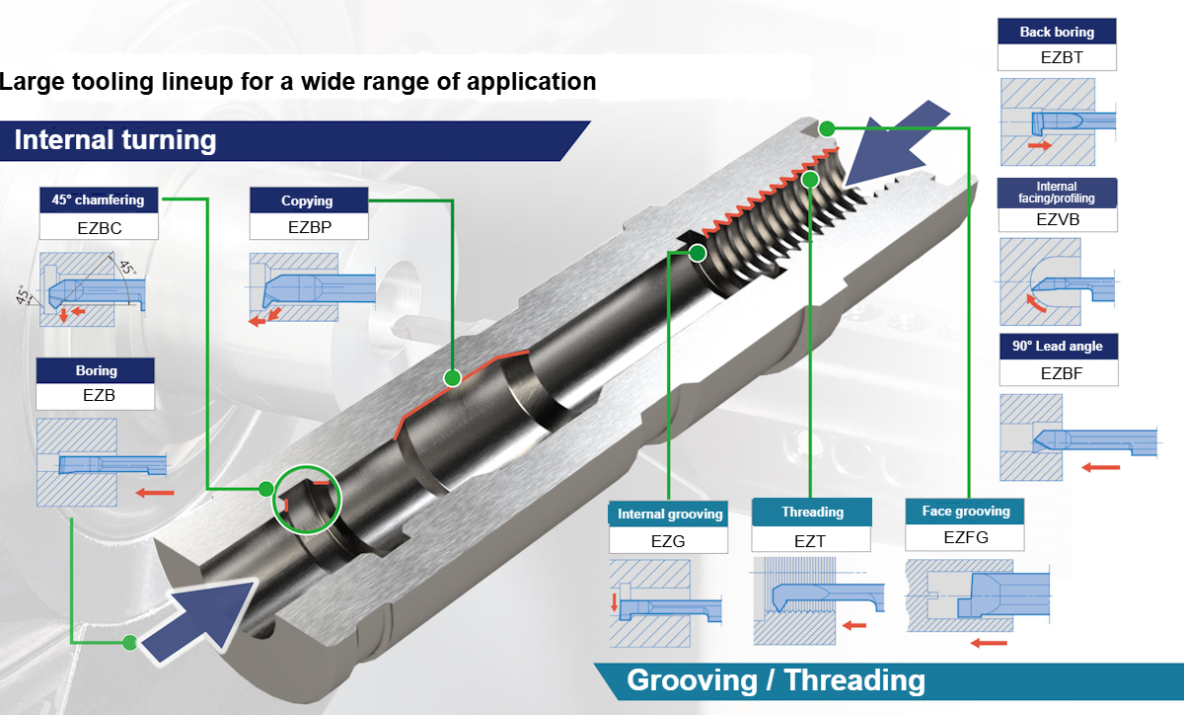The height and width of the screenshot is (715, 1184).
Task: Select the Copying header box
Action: point(308,200)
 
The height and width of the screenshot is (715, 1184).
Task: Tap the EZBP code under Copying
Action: point(308,226)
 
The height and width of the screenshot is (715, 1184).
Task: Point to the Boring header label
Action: point(96,371)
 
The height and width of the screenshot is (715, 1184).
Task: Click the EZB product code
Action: point(96,397)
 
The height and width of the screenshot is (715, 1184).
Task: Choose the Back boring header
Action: point(1057,32)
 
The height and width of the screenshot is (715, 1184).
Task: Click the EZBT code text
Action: point(1057,57)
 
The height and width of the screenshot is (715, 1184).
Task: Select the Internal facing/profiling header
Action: point(1057,192)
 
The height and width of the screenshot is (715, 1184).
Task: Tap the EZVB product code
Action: point(1057,219)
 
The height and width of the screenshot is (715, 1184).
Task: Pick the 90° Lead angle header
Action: point(1058,347)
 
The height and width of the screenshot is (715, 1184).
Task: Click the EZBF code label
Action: point(1058,373)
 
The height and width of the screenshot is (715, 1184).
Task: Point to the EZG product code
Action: point(668,540)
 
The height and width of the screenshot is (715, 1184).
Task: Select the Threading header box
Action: point(812,512)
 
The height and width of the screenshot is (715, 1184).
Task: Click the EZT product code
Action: point(810,539)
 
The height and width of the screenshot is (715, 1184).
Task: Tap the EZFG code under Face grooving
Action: point(965,538)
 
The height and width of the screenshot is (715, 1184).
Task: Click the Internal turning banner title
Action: point(115,139)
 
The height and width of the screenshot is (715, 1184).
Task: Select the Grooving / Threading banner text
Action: point(776,680)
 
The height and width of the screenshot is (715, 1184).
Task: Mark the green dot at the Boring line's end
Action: point(128,644)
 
